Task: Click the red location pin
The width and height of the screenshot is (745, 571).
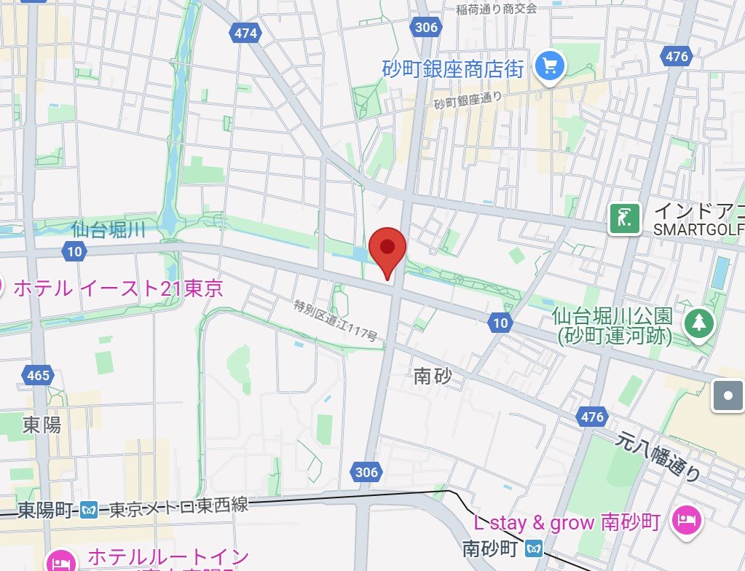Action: point(387,251)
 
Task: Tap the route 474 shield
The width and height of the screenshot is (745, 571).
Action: point(246,33)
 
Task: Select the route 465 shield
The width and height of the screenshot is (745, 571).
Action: point(37,376)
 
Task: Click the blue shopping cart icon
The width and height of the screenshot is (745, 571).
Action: point(550,68)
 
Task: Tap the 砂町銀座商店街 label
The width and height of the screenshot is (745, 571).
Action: point(453,69)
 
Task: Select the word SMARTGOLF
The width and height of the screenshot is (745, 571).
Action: point(698,229)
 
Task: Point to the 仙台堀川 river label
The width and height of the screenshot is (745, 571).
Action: point(109,231)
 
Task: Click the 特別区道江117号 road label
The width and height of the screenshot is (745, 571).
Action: point(336,321)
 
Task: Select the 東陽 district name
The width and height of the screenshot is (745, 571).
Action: point(42,425)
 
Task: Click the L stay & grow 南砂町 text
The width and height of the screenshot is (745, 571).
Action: point(567,522)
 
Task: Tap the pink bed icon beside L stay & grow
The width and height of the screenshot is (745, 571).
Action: point(687,520)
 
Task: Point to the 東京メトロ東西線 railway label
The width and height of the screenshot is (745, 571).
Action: point(178,507)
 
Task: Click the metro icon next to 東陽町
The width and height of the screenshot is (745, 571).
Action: point(90,510)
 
